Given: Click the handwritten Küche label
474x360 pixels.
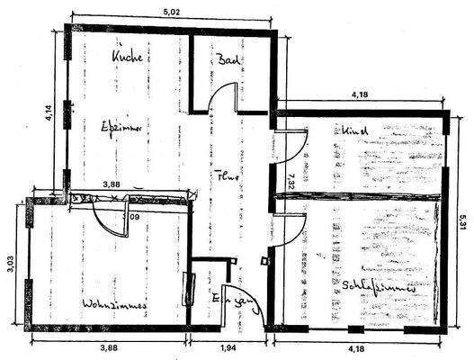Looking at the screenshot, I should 128,58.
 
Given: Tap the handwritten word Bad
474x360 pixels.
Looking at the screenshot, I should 226,60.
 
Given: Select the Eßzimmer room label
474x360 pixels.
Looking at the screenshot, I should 123,128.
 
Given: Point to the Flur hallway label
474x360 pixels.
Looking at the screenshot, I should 226,177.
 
